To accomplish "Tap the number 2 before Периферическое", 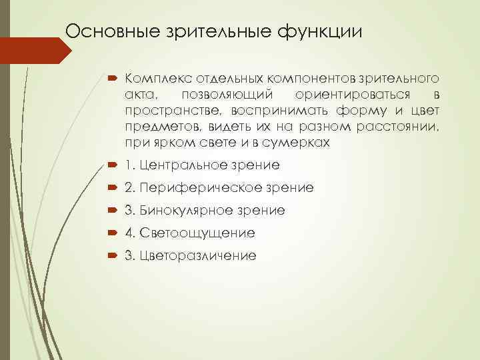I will click(128, 187).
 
